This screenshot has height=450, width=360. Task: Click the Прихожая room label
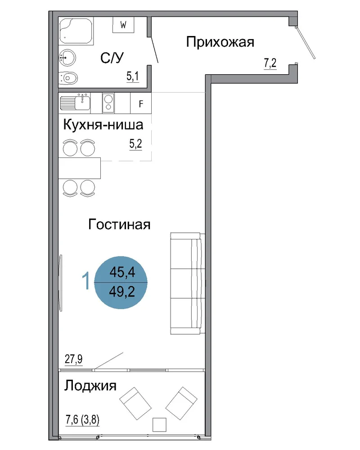point(220,42)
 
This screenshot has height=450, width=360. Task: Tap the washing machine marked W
point(123,25)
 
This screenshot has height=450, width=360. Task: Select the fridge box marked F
point(141,103)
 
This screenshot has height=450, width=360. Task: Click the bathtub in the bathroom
point(76,31)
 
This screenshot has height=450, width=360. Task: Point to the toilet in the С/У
point(68,77)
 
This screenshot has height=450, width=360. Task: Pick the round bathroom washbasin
point(67,58)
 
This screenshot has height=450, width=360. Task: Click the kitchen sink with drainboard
point(75,102)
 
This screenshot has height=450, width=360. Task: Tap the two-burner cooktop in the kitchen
point(108,103)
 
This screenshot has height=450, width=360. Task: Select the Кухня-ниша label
point(103,125)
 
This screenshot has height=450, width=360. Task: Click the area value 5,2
point(136,144)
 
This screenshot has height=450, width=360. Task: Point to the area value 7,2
point(270,63)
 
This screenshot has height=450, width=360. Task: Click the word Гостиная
point(119,224)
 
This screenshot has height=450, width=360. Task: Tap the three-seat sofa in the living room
point(188,283)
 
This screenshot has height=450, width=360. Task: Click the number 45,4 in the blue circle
point(122,272)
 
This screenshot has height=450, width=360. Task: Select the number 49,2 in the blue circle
point(122,292)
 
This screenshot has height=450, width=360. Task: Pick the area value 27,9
point(74,359)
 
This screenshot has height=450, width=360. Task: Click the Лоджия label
point(90,386)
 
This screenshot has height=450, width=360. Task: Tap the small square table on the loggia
point(159,425)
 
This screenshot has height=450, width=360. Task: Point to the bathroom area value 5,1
point(133,76)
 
